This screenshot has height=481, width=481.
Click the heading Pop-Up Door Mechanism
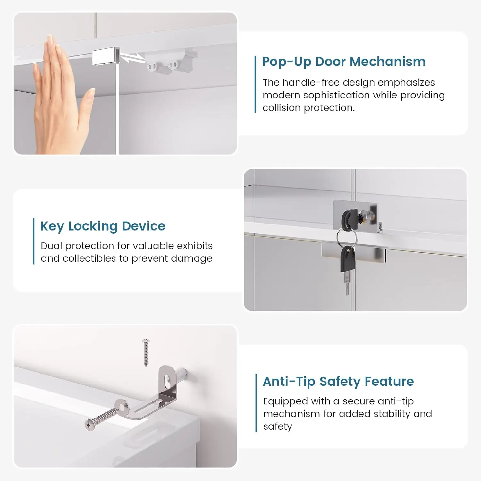coord(344,62)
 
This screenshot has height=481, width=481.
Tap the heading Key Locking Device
coord(103,226)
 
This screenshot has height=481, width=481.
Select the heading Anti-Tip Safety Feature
coord(338,382)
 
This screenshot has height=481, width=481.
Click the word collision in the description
coord(282,108)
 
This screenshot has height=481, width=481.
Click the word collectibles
coord(89,258)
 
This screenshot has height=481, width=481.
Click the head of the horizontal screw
coord(90,424)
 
